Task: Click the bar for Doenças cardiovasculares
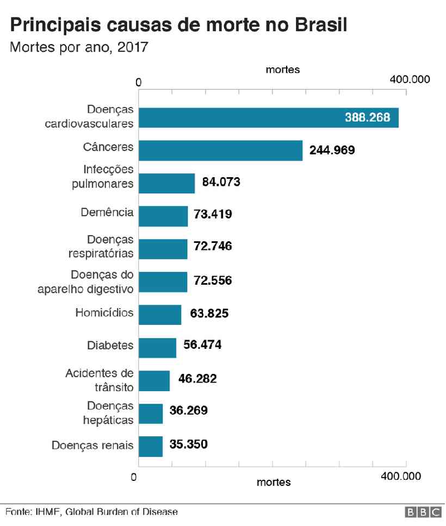click(268, 117)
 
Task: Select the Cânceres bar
click(220, 151)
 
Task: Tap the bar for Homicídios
click(159, 315)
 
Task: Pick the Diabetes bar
click(157, 348)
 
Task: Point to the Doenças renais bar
click(151, 446)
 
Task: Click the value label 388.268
click(367, 117)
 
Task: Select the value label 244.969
click(332, 150)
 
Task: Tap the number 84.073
click(221, 182)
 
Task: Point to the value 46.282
click(197, 379)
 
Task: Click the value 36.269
click(188, 410)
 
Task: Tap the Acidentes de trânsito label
click(99, 380)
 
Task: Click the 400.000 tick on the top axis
click(410, 79)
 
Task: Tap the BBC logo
click(423, 512)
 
